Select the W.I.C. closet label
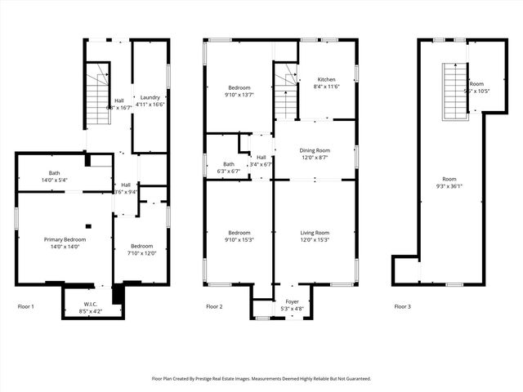[90, 308]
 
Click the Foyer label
[292, 305]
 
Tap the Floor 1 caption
[26, 306]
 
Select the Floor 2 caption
[214, 306]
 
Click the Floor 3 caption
[402, 306]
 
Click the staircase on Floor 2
[284, 94]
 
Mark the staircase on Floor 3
[454, 91]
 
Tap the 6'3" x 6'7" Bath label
[228, 167]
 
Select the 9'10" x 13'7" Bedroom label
[239, 91]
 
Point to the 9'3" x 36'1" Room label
[449, 182]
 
